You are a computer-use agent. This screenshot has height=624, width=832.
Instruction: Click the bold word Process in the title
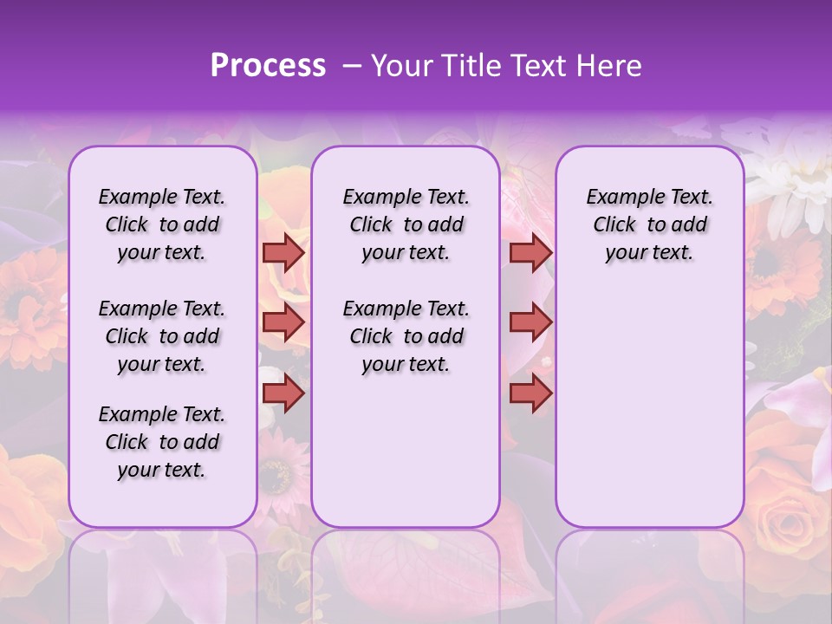click(268, 66)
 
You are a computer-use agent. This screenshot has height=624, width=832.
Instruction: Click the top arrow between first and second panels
click(283, 252)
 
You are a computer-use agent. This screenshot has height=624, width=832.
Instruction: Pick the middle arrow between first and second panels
click(283, 322)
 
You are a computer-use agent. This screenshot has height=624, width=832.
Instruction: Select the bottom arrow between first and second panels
click(283, 393)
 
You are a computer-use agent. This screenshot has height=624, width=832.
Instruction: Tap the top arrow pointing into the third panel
click(530, 252)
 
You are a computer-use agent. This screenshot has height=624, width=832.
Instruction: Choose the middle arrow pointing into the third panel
click(530, 322)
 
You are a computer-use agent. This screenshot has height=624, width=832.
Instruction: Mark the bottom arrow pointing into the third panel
click(530, 393)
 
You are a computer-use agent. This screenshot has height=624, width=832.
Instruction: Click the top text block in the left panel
click(162, 224)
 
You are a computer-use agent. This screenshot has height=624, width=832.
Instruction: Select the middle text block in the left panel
click(162, 336)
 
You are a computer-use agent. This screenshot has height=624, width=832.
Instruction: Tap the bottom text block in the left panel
click(162, 442)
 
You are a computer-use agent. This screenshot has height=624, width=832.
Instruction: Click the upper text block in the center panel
click(406, 224)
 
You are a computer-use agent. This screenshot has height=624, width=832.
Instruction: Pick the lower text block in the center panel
click(406, 336)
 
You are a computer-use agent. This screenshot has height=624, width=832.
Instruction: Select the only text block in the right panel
click(649, 224)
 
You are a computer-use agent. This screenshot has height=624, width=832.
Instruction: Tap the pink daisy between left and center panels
click(279, 472)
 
